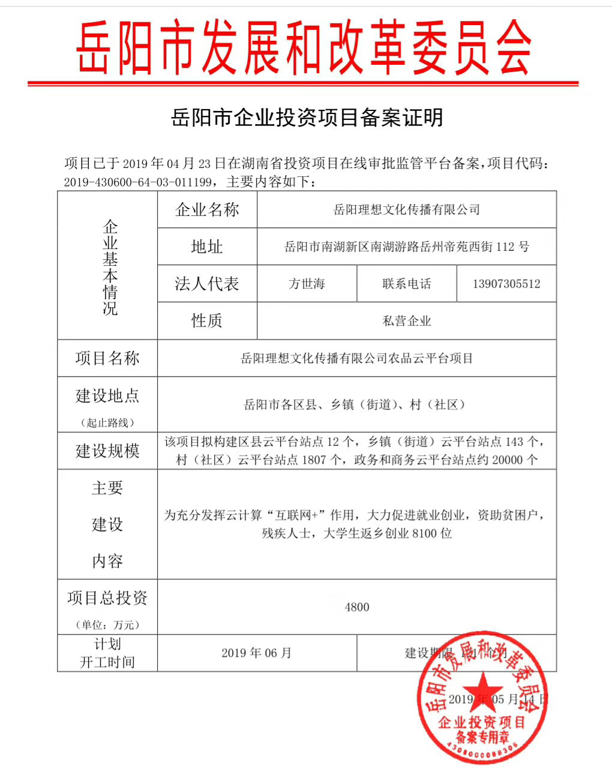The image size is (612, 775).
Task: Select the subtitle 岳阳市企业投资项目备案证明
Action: coord(307,118)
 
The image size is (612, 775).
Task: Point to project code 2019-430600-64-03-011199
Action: coord(138,182)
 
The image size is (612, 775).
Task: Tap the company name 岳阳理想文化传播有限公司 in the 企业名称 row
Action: coord(406,209)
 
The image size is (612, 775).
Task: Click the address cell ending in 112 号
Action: coord(406,247)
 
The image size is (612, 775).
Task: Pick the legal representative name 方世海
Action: coord(307,284)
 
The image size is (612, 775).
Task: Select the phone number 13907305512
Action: coord(506,284)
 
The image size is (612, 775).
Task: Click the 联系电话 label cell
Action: coord(406,284)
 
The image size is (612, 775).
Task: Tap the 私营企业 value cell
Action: coord(406,321)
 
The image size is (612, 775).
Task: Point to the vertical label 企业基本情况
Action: coord(110,267)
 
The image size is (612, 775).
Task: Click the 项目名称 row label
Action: coord(107,358)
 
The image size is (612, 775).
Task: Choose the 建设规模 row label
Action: coord(107,450)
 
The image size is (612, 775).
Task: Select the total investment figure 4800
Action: coord(356,607)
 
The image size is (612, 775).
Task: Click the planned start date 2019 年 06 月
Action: coord(256,653)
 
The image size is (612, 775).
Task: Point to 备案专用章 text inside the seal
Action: coord(482,737)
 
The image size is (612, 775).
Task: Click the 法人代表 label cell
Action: coord(207,284)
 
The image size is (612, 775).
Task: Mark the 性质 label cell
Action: coord(207,321)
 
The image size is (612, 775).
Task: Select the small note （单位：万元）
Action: coord(107,624)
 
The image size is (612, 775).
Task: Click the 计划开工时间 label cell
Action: coord(107,653)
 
